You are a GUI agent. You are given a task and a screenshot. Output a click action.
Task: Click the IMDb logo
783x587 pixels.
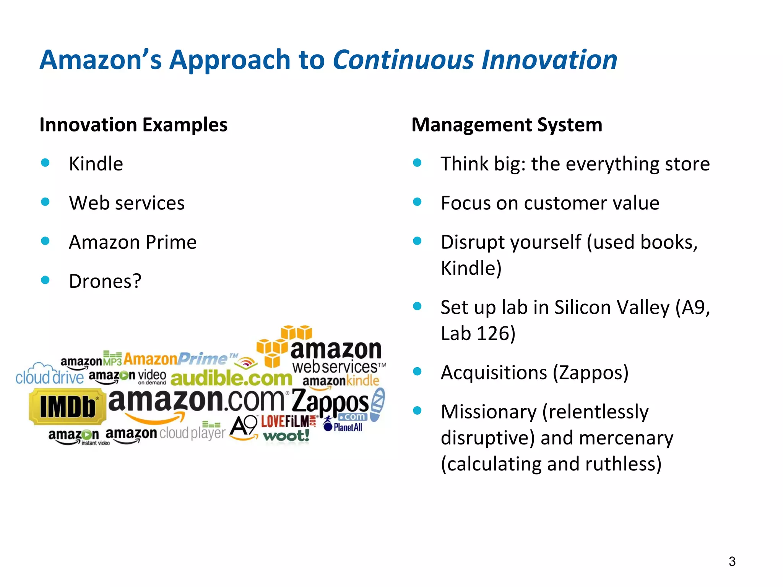coord(67,407)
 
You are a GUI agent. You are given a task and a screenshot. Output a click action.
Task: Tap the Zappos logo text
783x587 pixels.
coord(330,402)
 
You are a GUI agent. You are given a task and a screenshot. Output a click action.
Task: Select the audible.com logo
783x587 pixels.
coord(231,378)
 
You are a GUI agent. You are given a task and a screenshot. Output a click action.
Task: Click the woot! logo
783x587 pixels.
coord(286,436)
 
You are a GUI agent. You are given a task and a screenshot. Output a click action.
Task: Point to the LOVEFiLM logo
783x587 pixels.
coord(286,422)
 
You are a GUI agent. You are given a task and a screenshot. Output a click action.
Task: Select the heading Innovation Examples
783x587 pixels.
coord(133,125)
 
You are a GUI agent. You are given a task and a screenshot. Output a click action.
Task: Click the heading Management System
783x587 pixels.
coord(507,125)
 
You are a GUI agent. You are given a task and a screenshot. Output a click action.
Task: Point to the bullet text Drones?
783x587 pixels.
coord(105,281)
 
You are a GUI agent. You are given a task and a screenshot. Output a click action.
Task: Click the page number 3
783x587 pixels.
coord(732,561)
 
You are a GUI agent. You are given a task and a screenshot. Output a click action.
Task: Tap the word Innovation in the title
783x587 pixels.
coord(549,60)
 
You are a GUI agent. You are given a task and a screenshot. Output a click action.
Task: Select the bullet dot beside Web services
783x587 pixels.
coord(45,202)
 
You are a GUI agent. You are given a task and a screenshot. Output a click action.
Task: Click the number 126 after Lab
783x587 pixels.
coord(493,333)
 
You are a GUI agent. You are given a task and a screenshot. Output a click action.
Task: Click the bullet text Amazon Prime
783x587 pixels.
coord(133,242)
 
